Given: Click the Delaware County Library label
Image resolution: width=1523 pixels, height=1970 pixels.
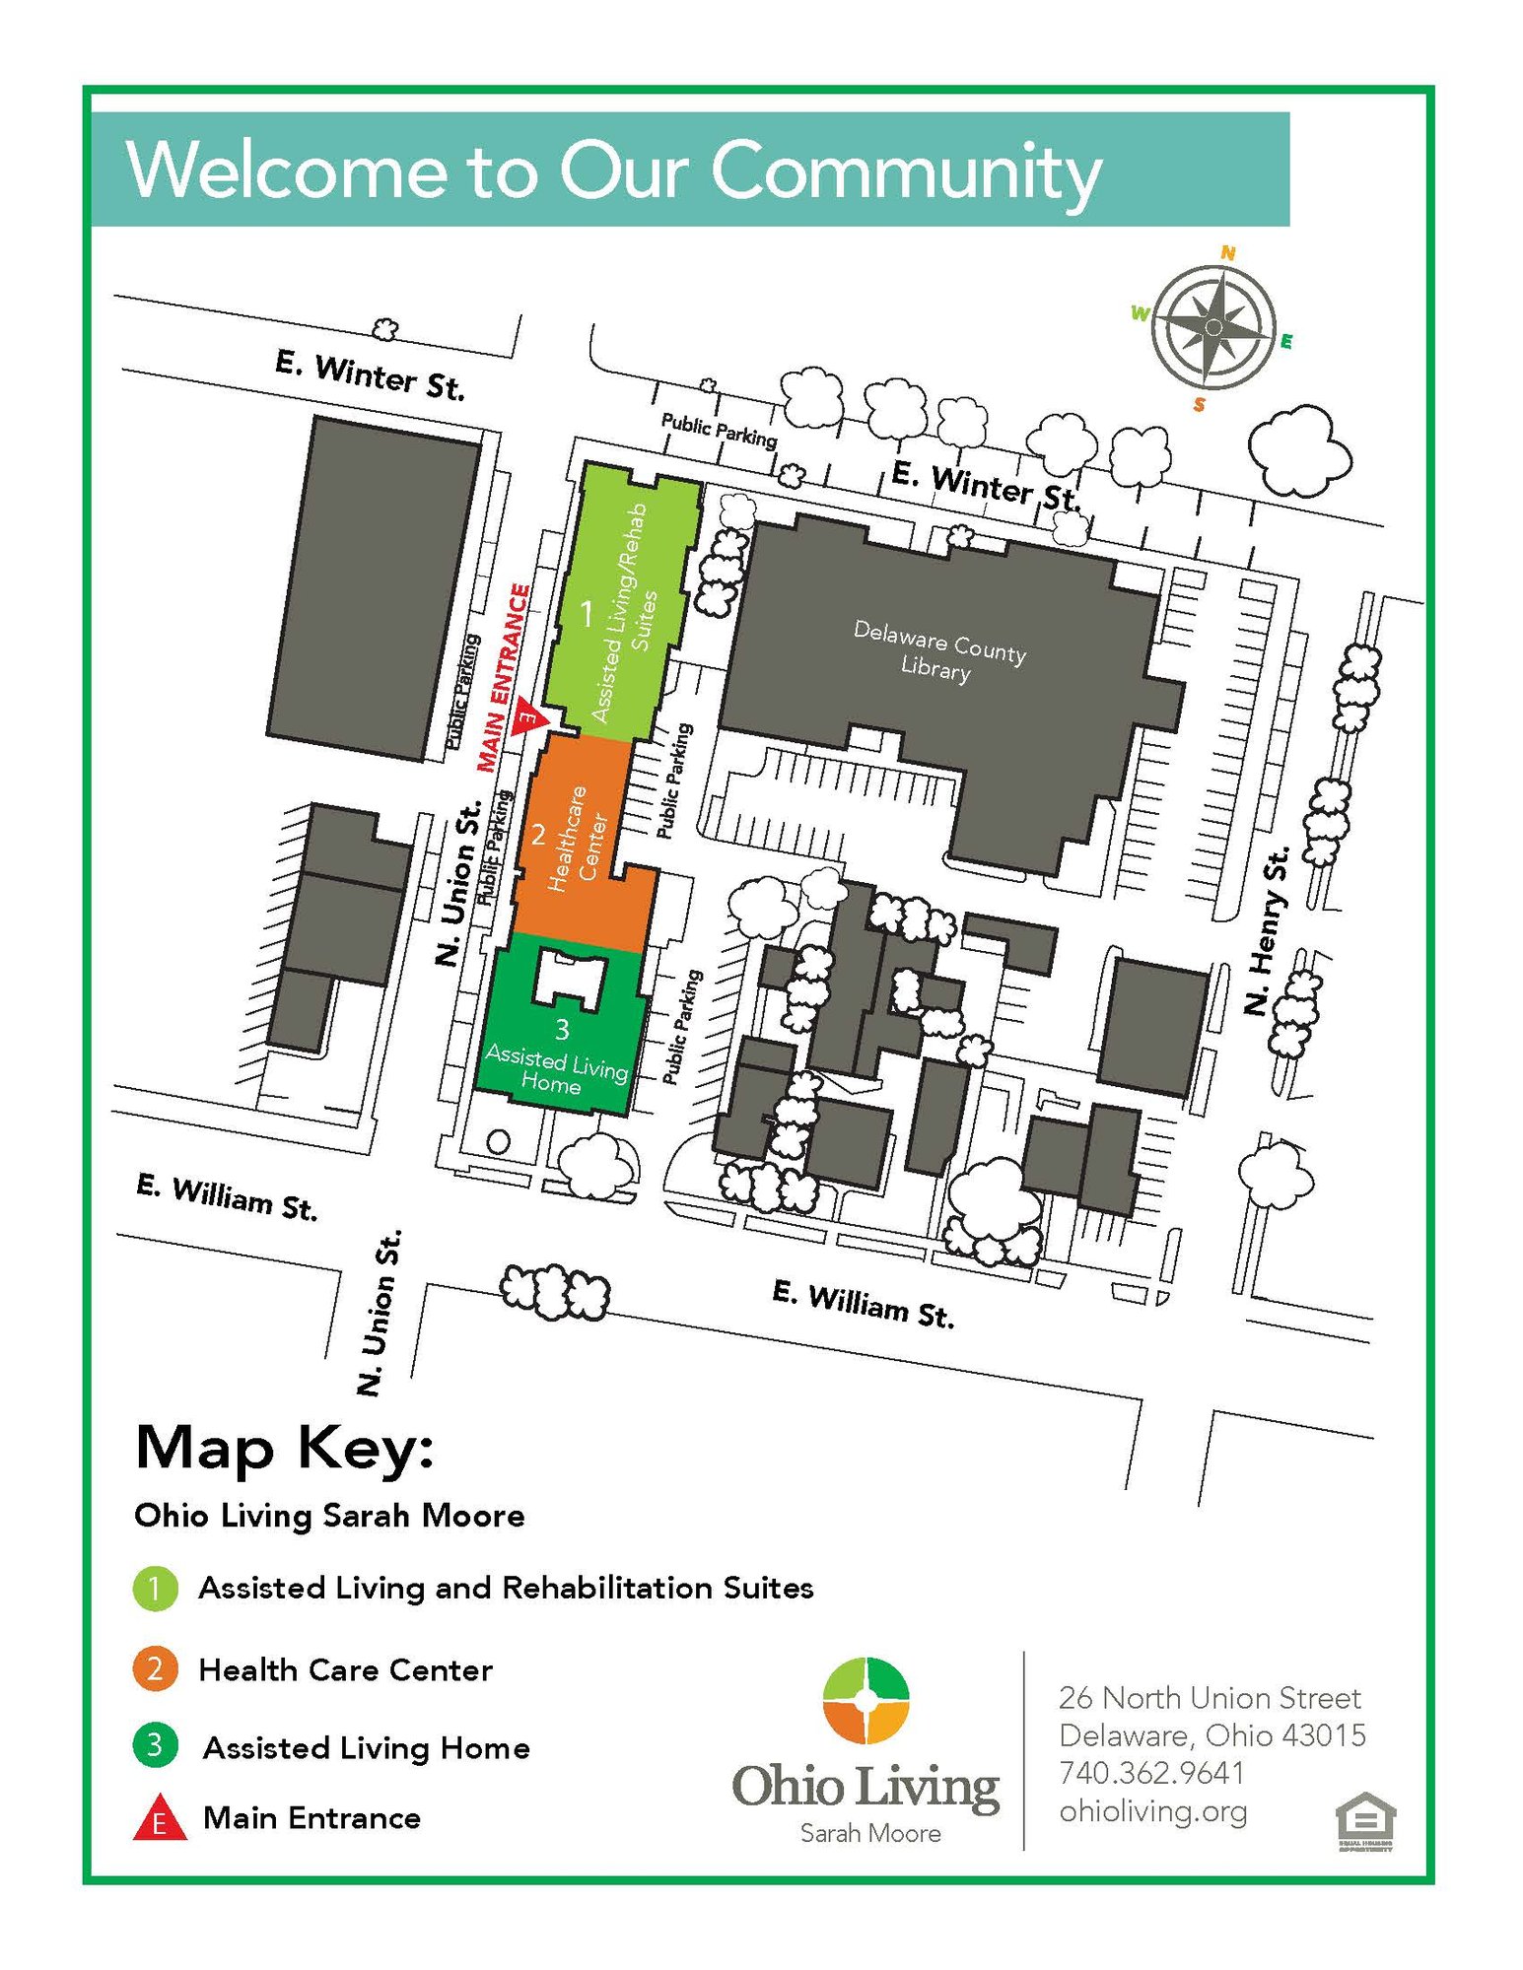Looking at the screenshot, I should (937, 649).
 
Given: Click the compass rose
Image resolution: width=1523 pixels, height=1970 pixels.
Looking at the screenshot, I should (1213, 327).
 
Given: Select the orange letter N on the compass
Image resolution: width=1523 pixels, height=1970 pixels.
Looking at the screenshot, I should (1227, 252).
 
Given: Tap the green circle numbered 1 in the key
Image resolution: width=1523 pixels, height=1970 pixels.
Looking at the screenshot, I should (155, 1588).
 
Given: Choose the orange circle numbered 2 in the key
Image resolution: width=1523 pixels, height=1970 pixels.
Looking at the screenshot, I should (155, 1669).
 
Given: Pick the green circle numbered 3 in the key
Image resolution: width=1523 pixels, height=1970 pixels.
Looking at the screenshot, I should (155, 1746).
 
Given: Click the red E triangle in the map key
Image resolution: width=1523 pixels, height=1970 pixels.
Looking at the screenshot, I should (159, 1819).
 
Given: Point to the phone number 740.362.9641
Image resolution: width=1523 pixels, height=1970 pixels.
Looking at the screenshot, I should (1151, 1773).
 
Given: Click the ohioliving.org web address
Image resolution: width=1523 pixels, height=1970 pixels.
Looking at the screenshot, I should (1152, 1811).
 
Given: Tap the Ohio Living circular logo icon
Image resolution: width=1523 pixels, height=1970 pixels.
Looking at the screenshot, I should (865, 1700).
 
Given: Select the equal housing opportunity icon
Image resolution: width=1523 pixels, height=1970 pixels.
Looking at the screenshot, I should (1365, 1821).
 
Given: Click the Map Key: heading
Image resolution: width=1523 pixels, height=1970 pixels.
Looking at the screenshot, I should (284, 1449).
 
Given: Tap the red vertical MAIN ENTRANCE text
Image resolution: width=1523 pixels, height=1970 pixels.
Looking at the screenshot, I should (504, 678).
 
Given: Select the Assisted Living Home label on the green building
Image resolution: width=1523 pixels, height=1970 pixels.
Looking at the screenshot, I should (555, 1070).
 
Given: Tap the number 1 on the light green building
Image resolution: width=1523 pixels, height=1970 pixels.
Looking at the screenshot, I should (587, 614).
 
